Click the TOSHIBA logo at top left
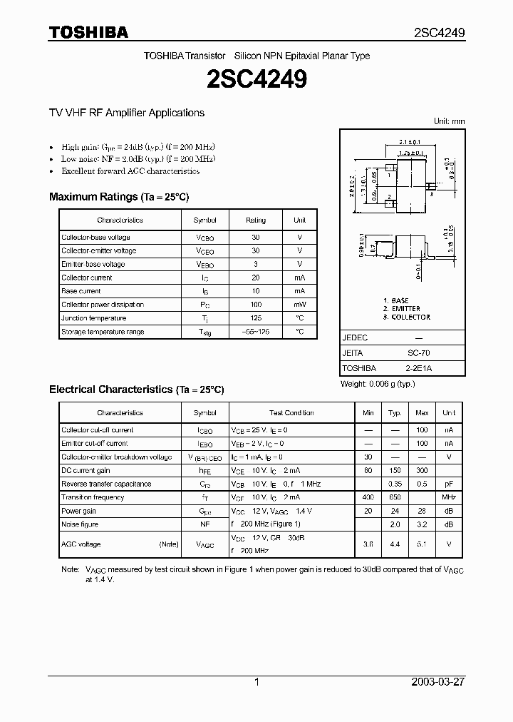tap(88, 32)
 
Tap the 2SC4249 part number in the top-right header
tap(440, 33)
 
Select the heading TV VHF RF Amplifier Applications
tap(126, 113)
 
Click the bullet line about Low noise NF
tap(138, 159)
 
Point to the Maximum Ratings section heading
tap(119, 197)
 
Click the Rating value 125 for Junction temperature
tap(256, 318)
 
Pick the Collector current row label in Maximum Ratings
tap(87, 278)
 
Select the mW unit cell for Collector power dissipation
tap(299, 305)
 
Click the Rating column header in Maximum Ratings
tap(256, 220)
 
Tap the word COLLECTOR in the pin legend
tap(411, 317)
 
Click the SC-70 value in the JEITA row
tap(418, 353)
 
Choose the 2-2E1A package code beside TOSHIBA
tap(418, 368)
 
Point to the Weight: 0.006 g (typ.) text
tap(378, 384)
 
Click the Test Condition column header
tap(291, 413)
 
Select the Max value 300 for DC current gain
tap(422, 470)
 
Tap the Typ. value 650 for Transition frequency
tap(395, 497)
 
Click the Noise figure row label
tap(80, 524)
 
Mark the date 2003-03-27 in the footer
tap(438, 682)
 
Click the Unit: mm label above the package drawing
tap(449, 121)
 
